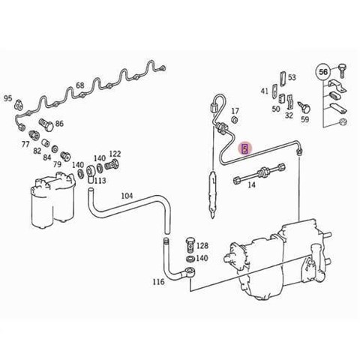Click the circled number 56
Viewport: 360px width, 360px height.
[x=323, y=72]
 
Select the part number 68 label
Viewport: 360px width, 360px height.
[x=80, y=85]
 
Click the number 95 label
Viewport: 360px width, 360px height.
[x=7, y=98]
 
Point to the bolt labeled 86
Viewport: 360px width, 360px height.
[x=46, y=124]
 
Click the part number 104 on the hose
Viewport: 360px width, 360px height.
[x=127, y=196]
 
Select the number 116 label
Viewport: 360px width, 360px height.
[x=159, y=282]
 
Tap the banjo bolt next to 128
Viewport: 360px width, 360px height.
[x=190, y=244]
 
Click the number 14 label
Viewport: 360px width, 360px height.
[x=251, y=185]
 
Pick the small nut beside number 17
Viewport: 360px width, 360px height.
[x=235, y=120]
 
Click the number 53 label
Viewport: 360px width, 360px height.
[x=292, y=77]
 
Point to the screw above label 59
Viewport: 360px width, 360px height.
[x=304, y=106]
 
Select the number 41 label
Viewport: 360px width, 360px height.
[x=265, y=91]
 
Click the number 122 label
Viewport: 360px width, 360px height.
[x=115, y=154]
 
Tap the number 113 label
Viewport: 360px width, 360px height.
[x=100, y=181]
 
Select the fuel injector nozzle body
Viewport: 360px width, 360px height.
[x=212, y=193]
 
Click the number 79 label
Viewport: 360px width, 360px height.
[x=57, y=164]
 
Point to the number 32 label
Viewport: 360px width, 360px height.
[x=289, y=115]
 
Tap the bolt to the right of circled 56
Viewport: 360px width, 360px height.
[x=342, y=70]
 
